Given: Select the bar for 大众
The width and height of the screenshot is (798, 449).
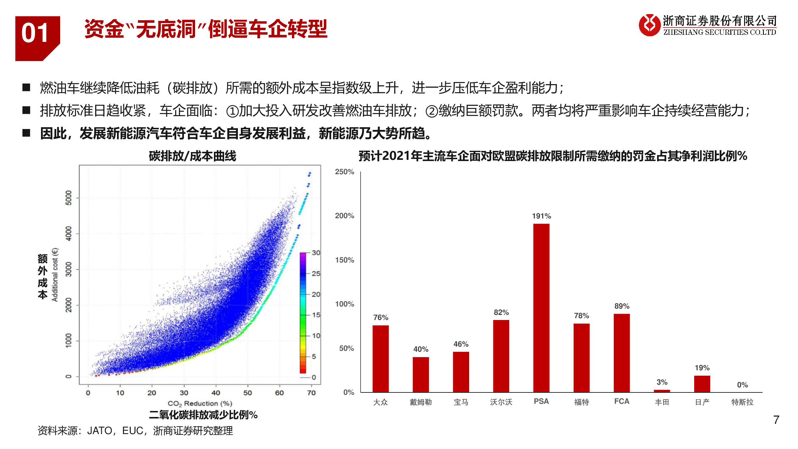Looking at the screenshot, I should click(x=380, y=359).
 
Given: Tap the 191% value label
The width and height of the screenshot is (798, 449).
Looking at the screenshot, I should click(x=541, y=216).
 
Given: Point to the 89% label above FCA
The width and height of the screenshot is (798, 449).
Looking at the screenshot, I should click(x=621, y=306).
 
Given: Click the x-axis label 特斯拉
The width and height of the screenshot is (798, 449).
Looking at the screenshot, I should click(x=742, y=402).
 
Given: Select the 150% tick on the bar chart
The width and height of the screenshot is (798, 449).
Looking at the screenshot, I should click(x=344, y=260).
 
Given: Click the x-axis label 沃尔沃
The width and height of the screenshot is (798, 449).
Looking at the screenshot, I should click(x=501, y=402).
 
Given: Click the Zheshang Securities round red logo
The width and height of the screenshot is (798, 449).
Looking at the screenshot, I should click(x=649, y=25).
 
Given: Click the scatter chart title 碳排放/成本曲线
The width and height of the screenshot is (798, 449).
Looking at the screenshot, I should click(x=192, y=156).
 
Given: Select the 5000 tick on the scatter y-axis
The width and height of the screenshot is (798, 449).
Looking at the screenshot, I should click(x=69, y=198).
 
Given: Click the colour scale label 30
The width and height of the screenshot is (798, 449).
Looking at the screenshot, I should click(x=316, y=253).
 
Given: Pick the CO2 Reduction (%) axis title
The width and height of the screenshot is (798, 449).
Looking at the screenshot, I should click(x=200, y=403).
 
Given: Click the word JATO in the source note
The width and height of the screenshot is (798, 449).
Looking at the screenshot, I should click(x=99, y=430).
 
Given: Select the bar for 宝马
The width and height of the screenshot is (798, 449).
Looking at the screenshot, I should click(x=461, y=372).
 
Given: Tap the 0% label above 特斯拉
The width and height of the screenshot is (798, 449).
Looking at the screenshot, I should click(x=742, y=385).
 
